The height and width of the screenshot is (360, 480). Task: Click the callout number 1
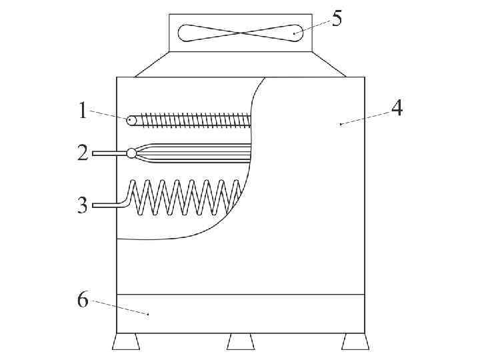[x=83, y=110]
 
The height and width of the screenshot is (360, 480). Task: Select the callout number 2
[x=83, y=153]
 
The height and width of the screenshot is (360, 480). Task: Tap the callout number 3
[x=83, y=205]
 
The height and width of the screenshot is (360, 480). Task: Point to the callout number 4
[x=397, y=108]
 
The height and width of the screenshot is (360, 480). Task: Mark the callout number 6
[x=83, y=300]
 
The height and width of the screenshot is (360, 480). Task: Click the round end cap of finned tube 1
[x=131, y=121]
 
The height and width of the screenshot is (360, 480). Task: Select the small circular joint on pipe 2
[x=131, y=153]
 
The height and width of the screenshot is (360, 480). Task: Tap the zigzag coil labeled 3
[x=187, y=197]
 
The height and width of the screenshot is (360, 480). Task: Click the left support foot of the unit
[x=126, y=342]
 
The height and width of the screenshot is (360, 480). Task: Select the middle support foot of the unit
[x=241, y=342]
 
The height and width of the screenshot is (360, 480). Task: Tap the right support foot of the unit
[x=355, y=342]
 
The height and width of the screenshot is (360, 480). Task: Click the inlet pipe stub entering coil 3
[x=107, y=205]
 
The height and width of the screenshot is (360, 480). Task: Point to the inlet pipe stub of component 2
[x=109, y=153]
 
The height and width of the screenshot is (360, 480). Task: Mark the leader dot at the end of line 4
[x=341, y=124]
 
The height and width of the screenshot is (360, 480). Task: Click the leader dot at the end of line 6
[x=148, y=313]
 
